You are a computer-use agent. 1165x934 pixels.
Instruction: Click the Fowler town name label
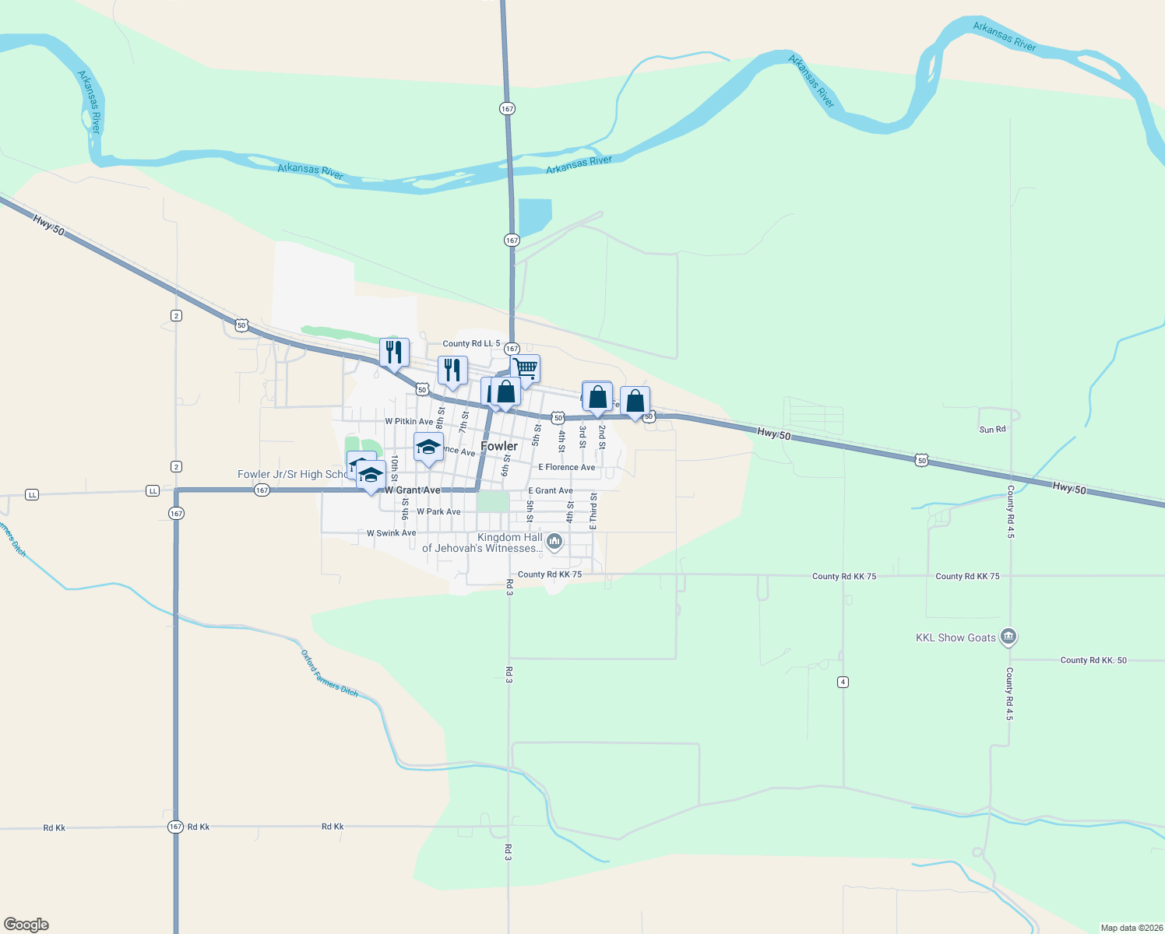(499, 446)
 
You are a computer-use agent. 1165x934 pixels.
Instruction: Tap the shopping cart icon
(526, 369)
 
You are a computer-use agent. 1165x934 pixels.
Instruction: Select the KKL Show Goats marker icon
(1008, 637)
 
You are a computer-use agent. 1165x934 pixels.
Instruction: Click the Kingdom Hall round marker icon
(554, 541)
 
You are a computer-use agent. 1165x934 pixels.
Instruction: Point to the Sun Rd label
(992, 430)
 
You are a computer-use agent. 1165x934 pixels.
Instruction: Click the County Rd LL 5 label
(471, 343)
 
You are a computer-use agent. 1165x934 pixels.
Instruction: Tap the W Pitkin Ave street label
(409, 422)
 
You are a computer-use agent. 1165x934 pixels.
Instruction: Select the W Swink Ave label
(391, 533)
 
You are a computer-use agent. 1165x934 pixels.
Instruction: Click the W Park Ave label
(438, 511)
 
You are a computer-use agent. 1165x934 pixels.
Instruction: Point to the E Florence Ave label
(566, 467)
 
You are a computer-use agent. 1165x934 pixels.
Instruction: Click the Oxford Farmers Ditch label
(329, 673)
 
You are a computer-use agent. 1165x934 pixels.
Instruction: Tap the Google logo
(26, 925)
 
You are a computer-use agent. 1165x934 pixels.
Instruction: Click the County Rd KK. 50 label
(1093, 660)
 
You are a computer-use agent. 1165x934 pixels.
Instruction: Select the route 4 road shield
(843, 682)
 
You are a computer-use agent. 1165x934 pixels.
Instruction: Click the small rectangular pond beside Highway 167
(535, 216)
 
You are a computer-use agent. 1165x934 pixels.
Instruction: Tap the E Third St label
(593, 511)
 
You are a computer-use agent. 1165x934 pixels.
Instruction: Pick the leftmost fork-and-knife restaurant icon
(395, 351)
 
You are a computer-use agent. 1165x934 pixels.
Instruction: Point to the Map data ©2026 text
(1131, 928)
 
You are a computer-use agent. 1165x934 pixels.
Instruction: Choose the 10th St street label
(394, 467)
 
